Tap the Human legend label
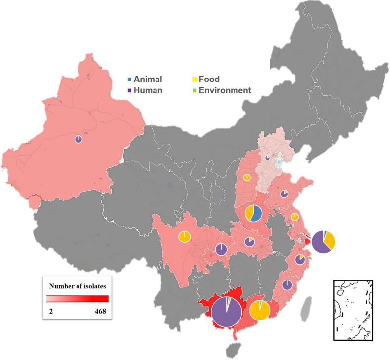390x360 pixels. coord(148,90)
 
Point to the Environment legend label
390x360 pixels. coord(225,90)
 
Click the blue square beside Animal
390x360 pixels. coord(129,80)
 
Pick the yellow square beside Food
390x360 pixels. coord(194,80)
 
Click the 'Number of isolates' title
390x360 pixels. coord(77,285)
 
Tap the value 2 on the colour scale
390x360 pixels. coord(49,311)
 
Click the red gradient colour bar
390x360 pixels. coord(77,298)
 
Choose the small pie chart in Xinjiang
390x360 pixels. coord(78,140)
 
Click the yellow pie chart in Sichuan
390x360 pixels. coord(184,237)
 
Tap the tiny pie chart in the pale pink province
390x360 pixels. coord(267,158)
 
